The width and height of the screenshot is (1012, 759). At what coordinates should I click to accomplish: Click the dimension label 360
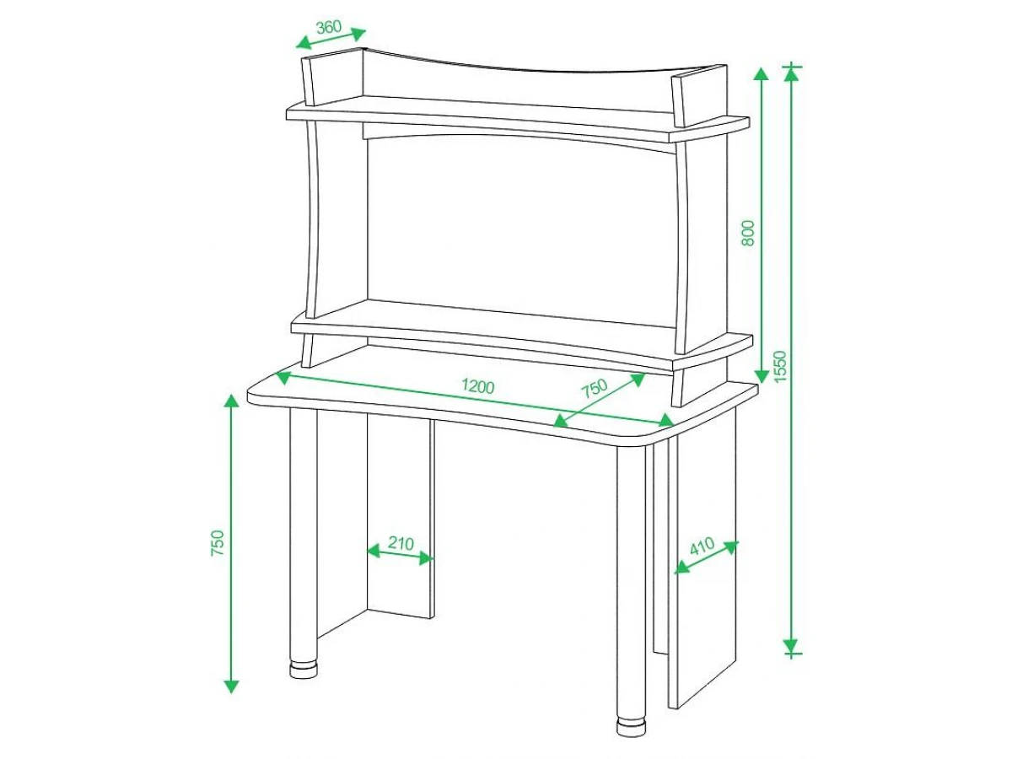pyautogui.click(x=329, y=27)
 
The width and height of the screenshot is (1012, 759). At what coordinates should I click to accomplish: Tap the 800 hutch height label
pyautogui.click(x=748, y=234)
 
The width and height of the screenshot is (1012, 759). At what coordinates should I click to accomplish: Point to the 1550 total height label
pyautogui.click(x=779, y=367)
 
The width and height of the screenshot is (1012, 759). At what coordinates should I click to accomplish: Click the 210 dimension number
pyautogui.click(x=401, y=543)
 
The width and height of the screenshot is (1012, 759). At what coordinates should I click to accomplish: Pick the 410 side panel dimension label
pyautogui.click(x=702, y=546)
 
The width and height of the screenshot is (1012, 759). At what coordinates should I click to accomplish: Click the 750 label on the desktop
pyautogui.click(x=595, y=389)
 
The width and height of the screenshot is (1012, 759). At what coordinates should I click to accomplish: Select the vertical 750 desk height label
pyautogui.click(x=217, y=543)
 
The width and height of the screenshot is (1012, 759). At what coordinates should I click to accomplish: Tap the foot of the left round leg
pyautogui.click(x=304, y=670)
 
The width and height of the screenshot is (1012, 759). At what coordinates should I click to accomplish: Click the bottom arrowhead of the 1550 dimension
pyautogui.click(x=792, y=645)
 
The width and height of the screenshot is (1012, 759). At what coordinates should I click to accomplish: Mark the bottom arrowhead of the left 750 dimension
pyautogui.click(x=231, y=686)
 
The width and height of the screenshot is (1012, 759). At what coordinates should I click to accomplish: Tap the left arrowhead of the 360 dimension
pyautogui.click(x=304, y=43)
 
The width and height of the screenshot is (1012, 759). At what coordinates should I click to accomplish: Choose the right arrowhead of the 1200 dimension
pyautogui.click(x=667, y=421)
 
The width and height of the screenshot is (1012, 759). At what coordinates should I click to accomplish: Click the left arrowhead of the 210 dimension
pyautogui.click(x=374, y=551)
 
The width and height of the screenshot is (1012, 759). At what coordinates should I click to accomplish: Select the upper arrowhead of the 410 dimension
pyautogui.click(x=731, y=546)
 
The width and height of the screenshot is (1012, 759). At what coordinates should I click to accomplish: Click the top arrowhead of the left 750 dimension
pyautogui.click(x=231, y=402)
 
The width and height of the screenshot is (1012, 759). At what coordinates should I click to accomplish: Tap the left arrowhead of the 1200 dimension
pyautogui.click(x=283, y=378)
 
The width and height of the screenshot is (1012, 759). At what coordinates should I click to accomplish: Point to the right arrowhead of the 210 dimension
pyautogui.click(x=427, y=559)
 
